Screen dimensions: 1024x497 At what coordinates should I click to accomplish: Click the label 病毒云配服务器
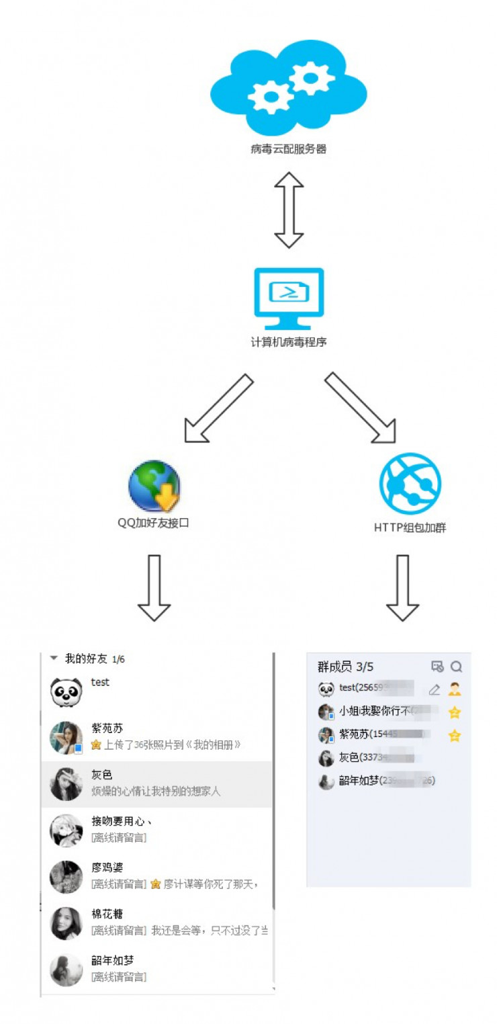pos(288,149)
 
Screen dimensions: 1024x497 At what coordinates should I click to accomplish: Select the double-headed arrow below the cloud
pos(289,210)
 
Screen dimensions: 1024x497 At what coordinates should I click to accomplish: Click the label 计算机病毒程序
pos(289,342)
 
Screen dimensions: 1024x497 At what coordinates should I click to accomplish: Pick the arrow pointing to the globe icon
pos(218,409)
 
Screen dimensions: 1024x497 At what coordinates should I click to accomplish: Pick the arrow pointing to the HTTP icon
pos(360,409)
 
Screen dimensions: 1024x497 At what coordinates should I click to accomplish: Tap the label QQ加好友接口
pos(154,522)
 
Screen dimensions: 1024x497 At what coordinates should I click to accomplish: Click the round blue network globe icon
pos(410,483)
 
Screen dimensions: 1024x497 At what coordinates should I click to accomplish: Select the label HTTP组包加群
pos(410,527)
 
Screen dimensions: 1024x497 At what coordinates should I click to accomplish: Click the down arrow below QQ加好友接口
pos(154,587)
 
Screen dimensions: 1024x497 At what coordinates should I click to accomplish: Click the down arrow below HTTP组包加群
pos(402,587)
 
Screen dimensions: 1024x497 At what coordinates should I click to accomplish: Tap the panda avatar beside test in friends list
pos(66,691)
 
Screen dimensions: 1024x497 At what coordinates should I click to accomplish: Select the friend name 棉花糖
pos(107,914)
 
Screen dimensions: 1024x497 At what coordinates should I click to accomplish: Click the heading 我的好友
pos(85,659)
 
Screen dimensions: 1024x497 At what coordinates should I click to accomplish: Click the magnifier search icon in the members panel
pos(457,667)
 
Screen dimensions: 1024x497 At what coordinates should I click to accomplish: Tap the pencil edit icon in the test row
pos(435,689)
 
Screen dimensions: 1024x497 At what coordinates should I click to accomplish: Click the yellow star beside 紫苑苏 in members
pos(455,736)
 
